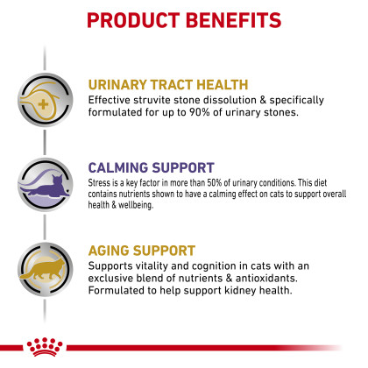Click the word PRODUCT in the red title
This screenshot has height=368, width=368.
[133, 20]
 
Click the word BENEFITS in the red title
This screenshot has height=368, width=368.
[233, 20]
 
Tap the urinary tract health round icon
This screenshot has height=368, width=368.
[45, 100]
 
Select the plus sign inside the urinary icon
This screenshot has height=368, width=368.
[43, 104]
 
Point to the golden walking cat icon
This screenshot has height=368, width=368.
[43, 270]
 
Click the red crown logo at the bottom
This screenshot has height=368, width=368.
[45, 347]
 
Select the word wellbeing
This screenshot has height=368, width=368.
[136, 205]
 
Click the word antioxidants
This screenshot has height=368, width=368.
[266, 279]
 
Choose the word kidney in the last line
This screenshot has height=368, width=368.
[241, 291]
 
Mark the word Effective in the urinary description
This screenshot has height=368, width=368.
[110, 100]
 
